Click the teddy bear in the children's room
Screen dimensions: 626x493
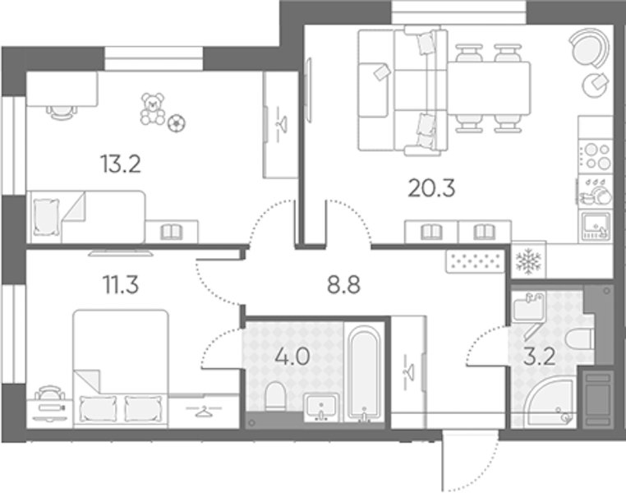point(153,108)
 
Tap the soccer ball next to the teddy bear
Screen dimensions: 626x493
point(177,123)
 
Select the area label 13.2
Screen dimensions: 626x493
point(121,164)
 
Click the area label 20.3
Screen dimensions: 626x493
point(431,188)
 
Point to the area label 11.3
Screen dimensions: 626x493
point(121,284)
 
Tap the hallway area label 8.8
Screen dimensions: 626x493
point(343,284)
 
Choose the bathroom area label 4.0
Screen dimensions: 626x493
point(292,357)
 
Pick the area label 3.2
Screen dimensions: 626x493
point(539,357)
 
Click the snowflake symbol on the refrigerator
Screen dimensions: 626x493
point(528,261)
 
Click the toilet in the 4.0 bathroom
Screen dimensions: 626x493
point(274,396)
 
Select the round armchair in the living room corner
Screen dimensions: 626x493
point(589,48)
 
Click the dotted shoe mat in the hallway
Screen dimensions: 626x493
point(475,261)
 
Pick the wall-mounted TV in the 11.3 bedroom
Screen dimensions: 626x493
point(121,253)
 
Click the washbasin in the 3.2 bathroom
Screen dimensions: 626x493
point(527,307)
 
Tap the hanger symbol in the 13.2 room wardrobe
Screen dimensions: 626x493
point(283,124)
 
